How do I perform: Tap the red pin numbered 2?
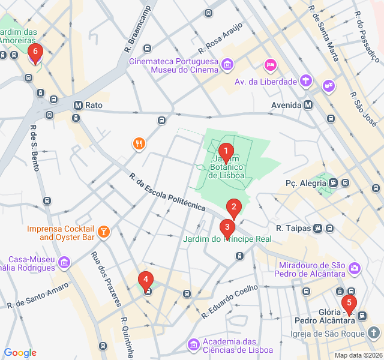234,208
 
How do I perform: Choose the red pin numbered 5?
348,304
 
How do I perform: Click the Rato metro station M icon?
77,105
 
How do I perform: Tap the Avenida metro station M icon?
308,105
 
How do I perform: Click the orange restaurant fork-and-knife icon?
139,143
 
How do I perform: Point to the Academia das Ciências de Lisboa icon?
193,344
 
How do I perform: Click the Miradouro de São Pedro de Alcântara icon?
355,266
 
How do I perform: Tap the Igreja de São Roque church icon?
374,332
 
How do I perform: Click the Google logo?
20,353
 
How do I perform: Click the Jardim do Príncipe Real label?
227,239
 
